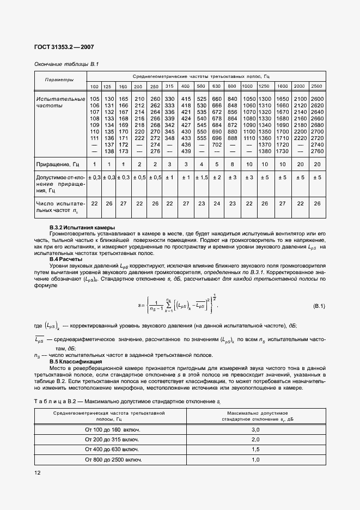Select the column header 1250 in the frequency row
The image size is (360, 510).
pos(264,87)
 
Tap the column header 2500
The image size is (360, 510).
pos(316,87)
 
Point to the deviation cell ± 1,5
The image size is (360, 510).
pos(201,178)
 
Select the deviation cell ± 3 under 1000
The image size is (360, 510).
pos(248,178)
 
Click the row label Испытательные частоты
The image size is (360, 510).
pos(60,102)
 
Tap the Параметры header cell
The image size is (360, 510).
pos(59,80)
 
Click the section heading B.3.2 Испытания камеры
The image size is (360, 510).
pos(82,227)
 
